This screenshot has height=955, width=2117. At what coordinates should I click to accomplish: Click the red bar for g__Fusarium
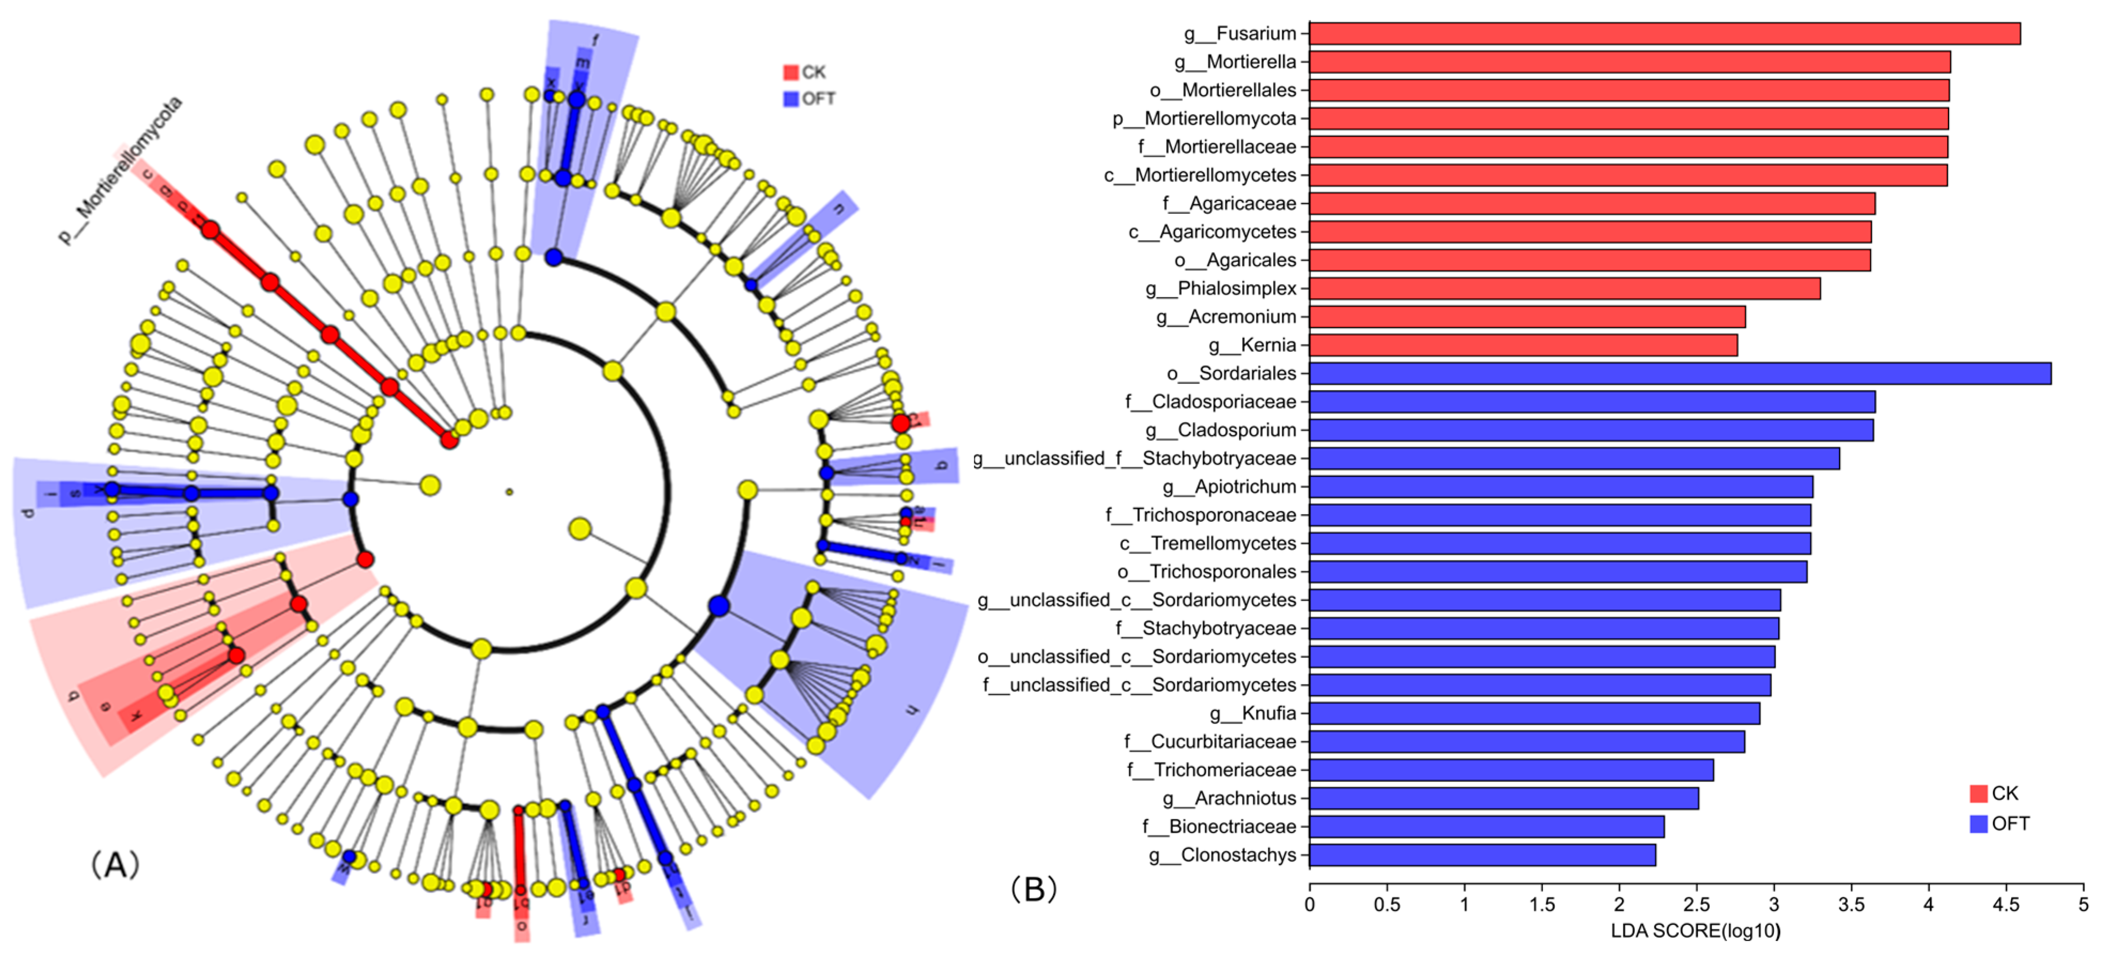(1664, 34)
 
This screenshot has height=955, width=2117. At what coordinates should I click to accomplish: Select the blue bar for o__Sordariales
(1680, 373)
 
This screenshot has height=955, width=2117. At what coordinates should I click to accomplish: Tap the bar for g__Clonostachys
(1482, 854)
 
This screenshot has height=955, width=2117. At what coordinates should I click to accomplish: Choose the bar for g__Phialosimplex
(1564, 288)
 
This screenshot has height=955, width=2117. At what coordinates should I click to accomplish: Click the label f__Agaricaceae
(1229, 203)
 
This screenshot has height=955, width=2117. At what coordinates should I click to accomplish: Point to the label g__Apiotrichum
(1229, 487)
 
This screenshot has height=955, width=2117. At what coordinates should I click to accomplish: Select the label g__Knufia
(1252, 713)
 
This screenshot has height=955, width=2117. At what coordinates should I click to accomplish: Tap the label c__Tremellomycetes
(1207, 543)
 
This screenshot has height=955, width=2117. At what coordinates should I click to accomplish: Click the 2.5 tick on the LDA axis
(1696, 904)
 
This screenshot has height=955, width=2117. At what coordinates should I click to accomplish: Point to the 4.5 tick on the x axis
(2006, 904)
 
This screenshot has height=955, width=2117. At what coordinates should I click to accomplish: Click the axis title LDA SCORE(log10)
(1695, 931)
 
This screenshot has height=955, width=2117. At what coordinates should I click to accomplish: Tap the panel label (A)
(114, 865)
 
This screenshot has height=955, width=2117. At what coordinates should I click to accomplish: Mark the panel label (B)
(1033, 889)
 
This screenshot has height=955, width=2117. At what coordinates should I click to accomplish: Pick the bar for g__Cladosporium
(1591, 430)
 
